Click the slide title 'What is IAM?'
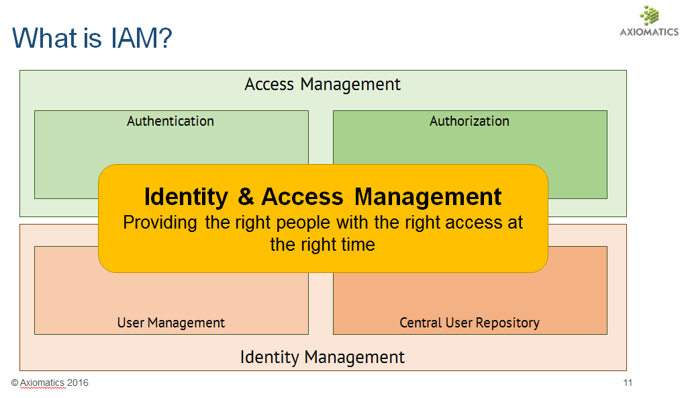pos(92,38)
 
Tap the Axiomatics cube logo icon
pos(650,15)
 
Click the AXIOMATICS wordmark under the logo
pos(649,32)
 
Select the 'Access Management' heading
pos(322,84)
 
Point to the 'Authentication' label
pos(170,121)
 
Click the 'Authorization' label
pos(469,121)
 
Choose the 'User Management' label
pos(171,323)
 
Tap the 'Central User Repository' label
pos(469,323)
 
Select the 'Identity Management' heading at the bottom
pos(322,358)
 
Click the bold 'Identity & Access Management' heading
pos(323,197)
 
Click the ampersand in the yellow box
pos(246,196)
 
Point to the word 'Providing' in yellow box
pos(160,223)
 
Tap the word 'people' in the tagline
pos(303,223)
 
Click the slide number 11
pos(628,383)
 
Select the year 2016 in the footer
pos(78,383)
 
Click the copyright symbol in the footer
pos(15,383)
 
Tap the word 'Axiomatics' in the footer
pos(42,383)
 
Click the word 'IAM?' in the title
pos(142,38)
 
